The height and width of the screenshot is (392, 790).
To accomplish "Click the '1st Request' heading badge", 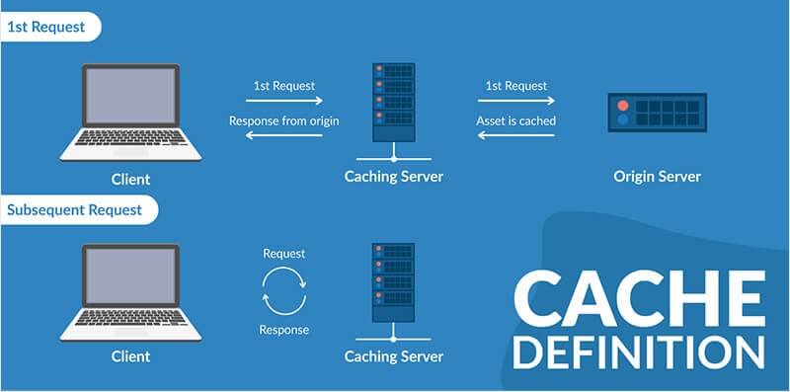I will [x=47, y=27].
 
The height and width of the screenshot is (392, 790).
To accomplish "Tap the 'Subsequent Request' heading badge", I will [x=74, y=209].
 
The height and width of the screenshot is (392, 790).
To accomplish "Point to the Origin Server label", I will [x=657, y=177].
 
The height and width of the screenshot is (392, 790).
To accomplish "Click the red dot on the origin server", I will [x=622, y=106].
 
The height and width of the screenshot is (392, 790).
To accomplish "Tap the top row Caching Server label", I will [x=394, y=177].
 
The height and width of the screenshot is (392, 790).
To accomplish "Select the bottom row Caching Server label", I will [x=394, y=355].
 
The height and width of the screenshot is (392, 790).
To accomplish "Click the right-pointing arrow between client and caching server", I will [x=284, y=101].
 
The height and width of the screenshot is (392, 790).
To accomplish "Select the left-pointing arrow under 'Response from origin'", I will [x=284, y=136].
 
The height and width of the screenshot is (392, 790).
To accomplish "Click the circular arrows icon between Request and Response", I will [x=284, y=291].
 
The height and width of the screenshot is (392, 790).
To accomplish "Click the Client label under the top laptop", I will [x=131, y=180].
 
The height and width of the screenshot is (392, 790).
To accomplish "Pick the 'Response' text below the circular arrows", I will [x=284, y=330].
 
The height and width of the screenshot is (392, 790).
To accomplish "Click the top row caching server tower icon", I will [x=393, y=99].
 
